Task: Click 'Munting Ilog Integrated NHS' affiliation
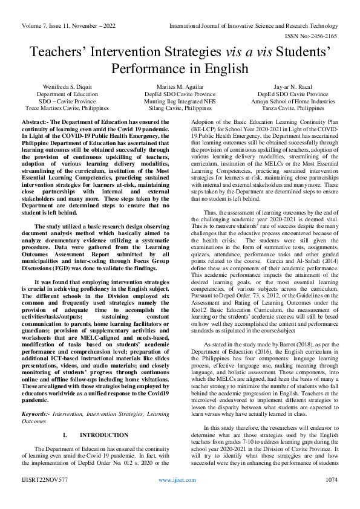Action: pyautogui.click(x=180, y=102)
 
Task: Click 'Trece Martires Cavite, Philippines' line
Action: pyautogui.click(x=62, y=108)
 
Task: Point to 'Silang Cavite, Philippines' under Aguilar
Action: pyautogui.click(x=180, y=108)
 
